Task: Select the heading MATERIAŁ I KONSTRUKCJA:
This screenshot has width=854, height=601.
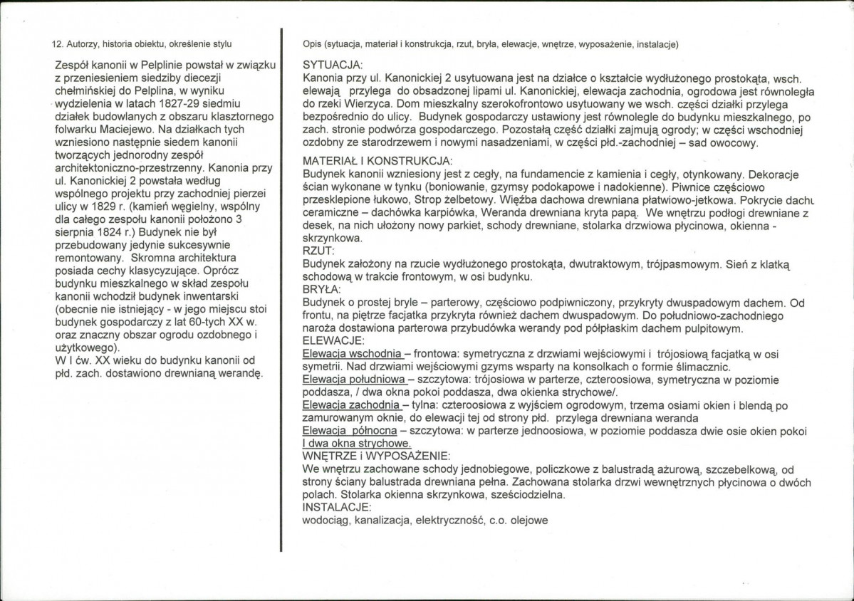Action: coord(377,161)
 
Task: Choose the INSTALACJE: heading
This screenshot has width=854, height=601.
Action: coord(337,507)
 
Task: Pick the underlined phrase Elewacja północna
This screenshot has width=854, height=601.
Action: coord(347,431)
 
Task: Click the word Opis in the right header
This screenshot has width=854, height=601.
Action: coord(312,44)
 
